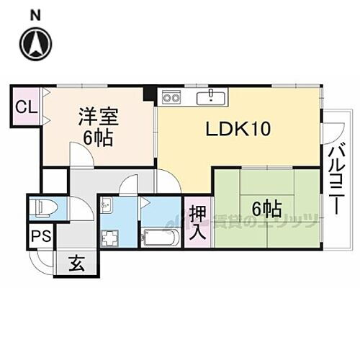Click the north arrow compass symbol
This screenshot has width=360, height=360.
[36, 45]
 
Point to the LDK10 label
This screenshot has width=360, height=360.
[238, 129]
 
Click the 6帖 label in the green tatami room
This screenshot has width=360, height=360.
[266, 209]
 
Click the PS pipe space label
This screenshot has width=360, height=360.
[39, 236]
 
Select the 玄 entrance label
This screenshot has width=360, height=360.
[77, 264]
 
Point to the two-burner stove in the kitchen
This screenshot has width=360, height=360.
[171, 96]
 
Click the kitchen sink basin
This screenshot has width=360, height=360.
[212, 96]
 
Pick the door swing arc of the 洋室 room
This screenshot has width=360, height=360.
[77, 153]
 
